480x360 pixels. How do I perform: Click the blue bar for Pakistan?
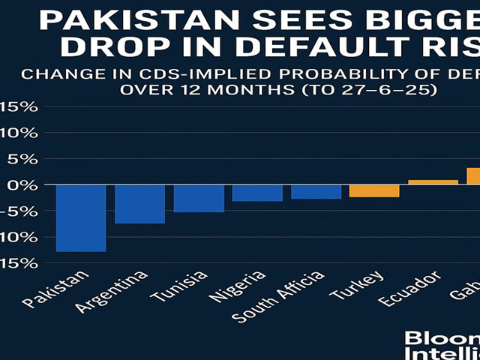coord(80,217)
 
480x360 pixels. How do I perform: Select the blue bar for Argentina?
coord(139,204)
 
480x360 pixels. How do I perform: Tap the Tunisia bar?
coord(199,198)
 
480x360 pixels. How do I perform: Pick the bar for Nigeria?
coord(257,193)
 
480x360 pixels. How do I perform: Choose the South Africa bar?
coord(316,191)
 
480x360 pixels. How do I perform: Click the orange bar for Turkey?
coord(374,190)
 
